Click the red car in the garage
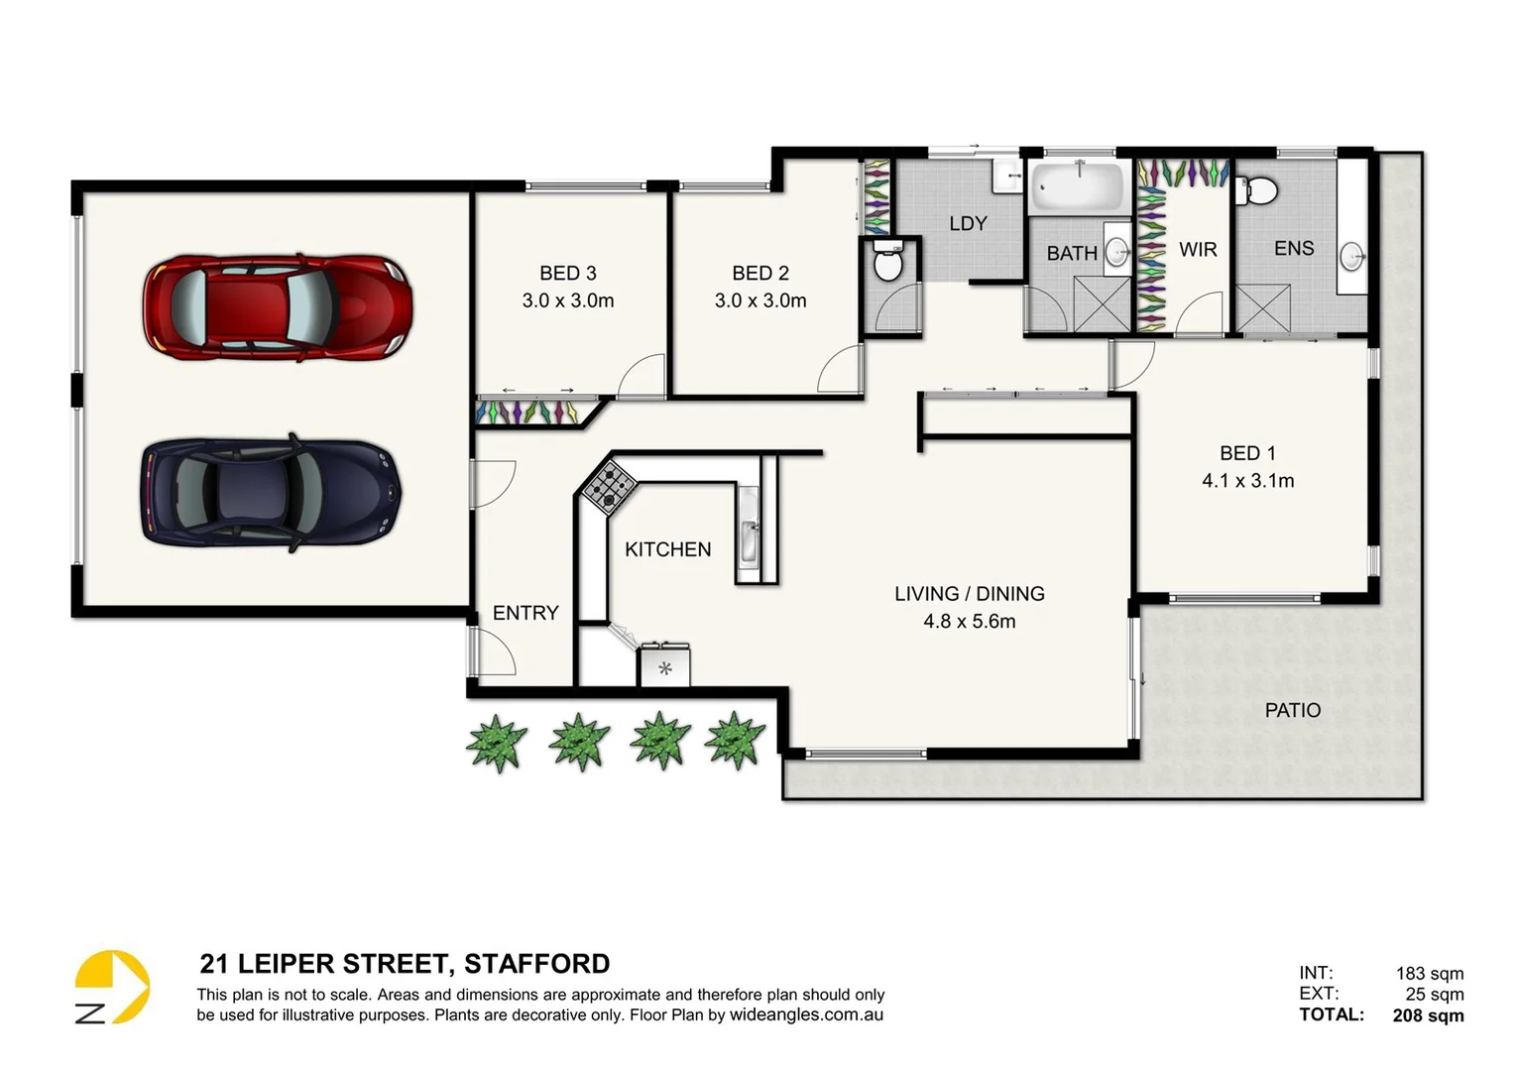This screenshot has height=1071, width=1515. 278,306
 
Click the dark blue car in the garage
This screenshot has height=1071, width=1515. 271,493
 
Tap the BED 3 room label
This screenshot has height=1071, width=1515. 567,273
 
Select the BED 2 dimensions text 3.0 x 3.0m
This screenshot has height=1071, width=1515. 760,300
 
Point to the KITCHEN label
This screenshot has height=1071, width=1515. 667,549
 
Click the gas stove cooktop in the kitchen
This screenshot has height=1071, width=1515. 608,485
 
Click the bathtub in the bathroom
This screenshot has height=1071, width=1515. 1077,187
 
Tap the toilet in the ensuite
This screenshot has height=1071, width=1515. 1259,188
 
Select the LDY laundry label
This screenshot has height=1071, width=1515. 968,223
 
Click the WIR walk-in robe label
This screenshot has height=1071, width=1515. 1198,250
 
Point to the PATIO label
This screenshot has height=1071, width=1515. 1292,710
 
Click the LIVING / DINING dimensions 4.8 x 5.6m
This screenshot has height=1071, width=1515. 969,622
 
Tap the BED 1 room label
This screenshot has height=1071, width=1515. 1247,453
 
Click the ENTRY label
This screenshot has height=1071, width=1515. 525,613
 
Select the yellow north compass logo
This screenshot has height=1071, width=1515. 112,988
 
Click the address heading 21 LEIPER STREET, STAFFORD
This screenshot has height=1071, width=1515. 405,964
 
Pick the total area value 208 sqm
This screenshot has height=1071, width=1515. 1428,1014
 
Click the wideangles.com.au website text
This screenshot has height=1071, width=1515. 806,1015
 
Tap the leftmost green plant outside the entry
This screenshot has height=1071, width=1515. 497,742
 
